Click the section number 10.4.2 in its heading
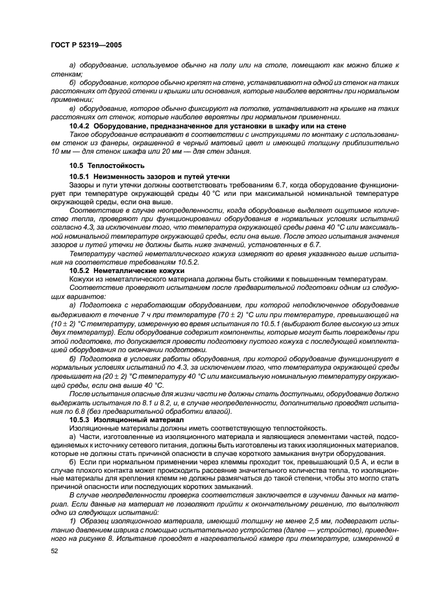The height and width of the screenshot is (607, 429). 80,125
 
